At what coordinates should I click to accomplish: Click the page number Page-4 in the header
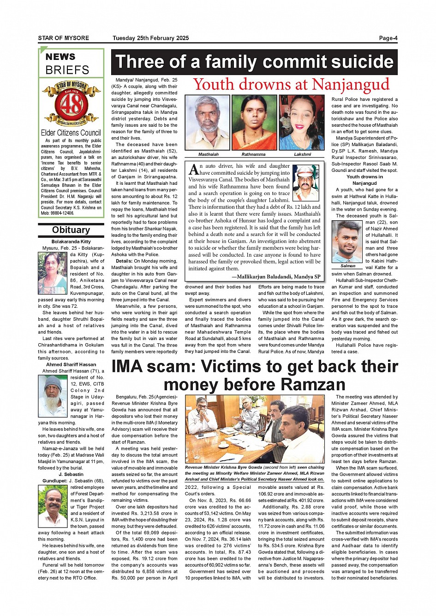(x=388, y=38)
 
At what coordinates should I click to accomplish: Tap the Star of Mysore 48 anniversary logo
(x=71, y=104)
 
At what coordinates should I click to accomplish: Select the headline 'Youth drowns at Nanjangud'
(x=291, y=85)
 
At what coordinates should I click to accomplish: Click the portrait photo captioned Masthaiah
(x=207, y=123)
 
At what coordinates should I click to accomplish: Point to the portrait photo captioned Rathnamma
(x=254, y=123)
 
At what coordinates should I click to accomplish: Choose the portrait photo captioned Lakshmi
(x=302, y=123)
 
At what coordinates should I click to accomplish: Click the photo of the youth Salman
(x=347, y=241)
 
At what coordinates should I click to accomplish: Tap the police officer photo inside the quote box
(x=306, y=183)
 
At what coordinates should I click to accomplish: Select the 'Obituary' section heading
(x=71, y=230)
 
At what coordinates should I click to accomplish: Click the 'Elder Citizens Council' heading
(x=71, y=133)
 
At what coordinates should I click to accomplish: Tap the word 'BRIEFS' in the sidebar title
(x=67, y=70)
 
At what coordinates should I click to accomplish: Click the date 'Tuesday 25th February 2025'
(x=150, y=38)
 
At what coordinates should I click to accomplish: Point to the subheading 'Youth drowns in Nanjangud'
(x=364, y=180)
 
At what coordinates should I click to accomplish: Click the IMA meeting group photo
(x=254, y=429)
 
